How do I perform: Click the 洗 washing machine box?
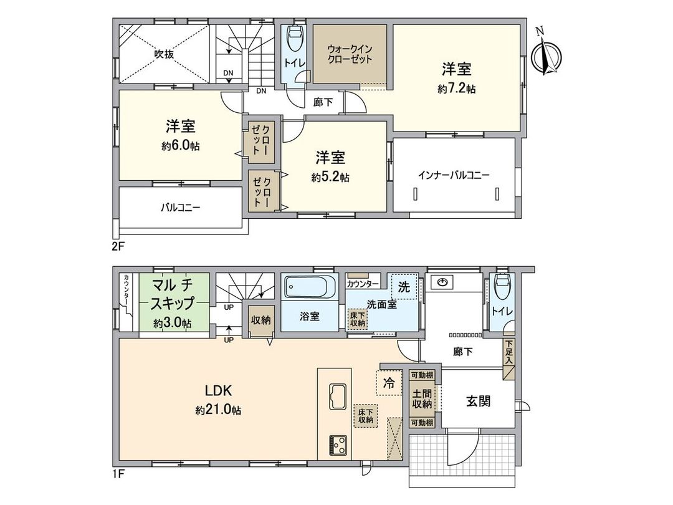tap(404, 287)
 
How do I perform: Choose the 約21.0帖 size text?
tap(218, 411)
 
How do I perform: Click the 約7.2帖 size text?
tap(456, 89)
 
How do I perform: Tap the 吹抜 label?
tap(164, 54)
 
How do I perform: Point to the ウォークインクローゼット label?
tap(350, 54)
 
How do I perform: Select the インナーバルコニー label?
tap(454, 175)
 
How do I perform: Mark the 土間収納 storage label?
tap(421, 399)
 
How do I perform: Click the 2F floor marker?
tap(118, 246)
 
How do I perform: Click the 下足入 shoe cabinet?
tap(509, 353)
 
